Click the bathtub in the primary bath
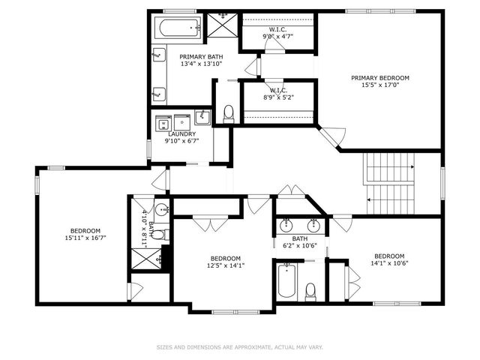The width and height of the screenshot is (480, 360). point(178,30)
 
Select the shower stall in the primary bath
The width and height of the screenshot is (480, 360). point(223,25)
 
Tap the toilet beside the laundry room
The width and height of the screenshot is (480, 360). point(229,114)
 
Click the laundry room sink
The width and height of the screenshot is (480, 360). point(202,117)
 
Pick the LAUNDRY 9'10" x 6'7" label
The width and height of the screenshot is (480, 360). point(182,137)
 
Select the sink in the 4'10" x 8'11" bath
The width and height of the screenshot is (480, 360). point(163,209)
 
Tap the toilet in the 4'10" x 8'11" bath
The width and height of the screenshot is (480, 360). point(157,235)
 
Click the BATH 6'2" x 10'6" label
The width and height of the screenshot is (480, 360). point(299,241)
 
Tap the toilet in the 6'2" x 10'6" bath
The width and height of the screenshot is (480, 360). point(310,290)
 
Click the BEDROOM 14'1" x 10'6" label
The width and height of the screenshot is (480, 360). point(389,259)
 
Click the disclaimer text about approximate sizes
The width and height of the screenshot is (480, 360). point(239,347)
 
